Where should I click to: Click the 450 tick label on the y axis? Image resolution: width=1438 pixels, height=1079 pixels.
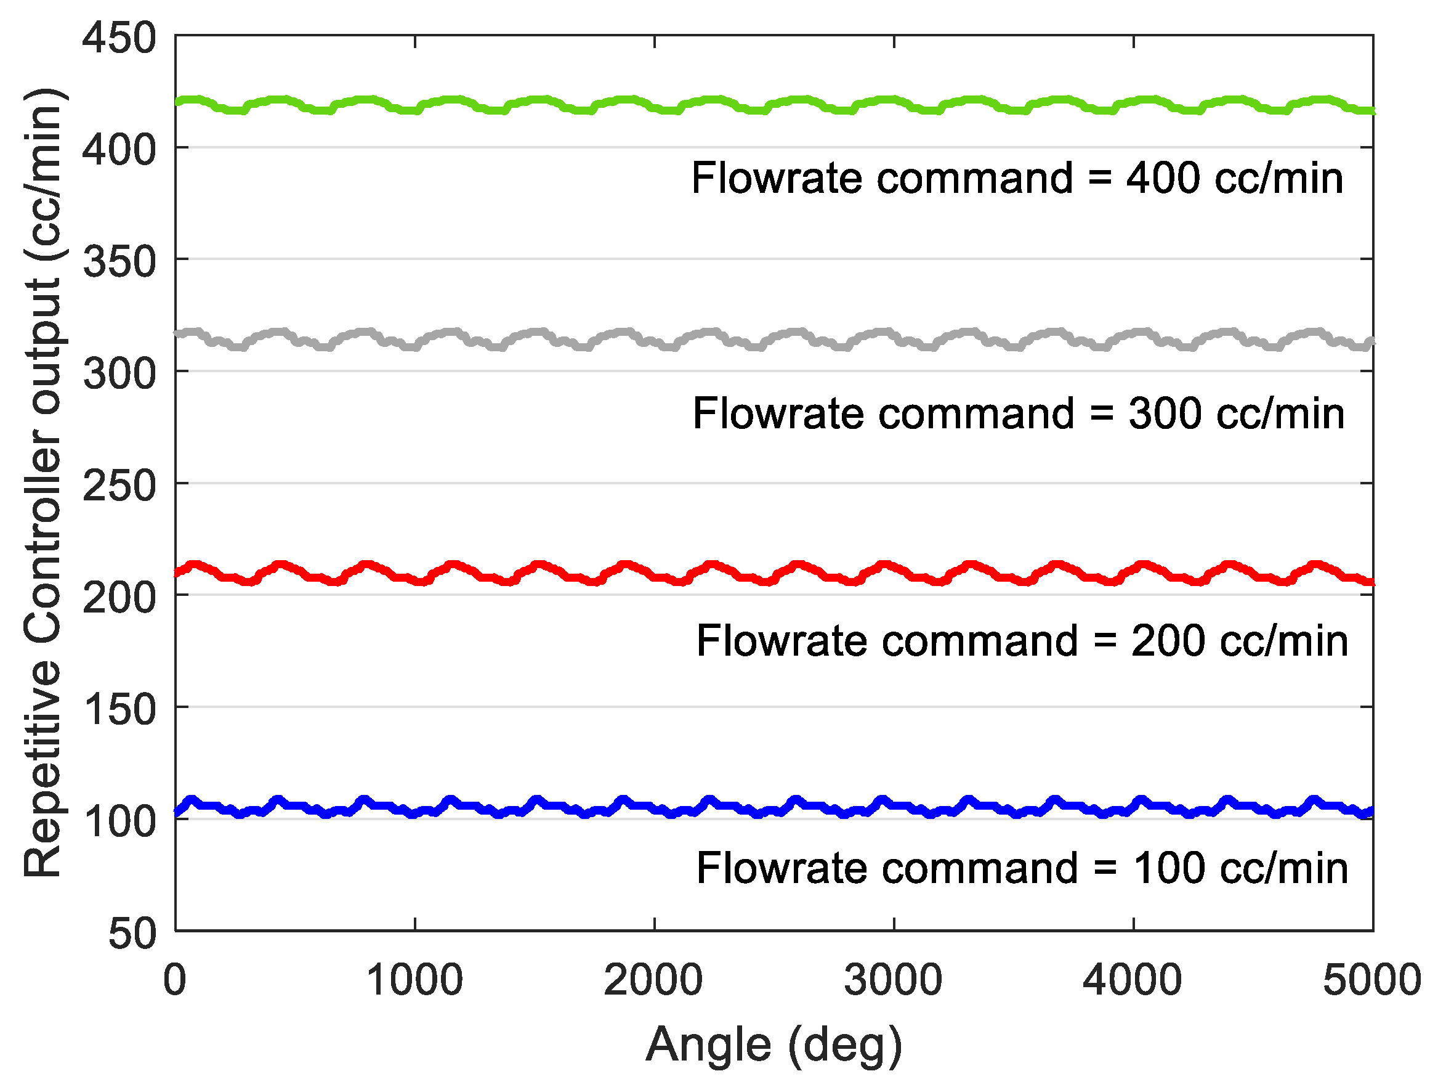[119, 38]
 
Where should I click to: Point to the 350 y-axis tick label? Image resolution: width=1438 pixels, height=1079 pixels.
[119, 262]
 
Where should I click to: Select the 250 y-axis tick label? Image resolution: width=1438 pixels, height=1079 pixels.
[119, 486]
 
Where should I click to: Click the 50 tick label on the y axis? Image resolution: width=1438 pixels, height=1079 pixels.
[132, 934]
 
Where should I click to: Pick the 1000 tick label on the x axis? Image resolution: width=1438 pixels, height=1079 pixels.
[414, 980]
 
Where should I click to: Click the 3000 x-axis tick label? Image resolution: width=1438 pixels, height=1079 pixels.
[893, 980]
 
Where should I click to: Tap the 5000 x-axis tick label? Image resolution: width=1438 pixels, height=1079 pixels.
[1371, 980]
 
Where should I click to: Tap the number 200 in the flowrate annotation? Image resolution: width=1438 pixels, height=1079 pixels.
[1168, 641]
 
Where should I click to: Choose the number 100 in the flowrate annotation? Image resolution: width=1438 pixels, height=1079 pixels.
[1168, 868]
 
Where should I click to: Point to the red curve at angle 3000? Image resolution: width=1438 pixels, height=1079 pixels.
[893, 568]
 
